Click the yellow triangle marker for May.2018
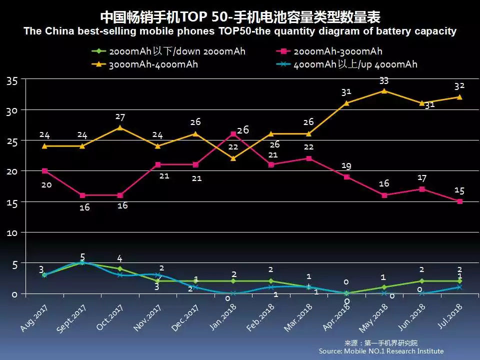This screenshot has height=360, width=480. click(x=384, y=91)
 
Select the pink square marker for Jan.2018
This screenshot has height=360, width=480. click(x=233, y=134)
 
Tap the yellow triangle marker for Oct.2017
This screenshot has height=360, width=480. click(x=120, y=127)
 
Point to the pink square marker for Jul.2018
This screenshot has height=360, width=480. click(x=459, y=201)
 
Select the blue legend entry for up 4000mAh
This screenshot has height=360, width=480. click(x=355, y=64)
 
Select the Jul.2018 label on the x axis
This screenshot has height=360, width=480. click(x=449, y=318)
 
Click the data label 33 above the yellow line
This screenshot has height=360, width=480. click(x=384, y=80)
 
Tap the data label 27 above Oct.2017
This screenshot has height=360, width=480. click(x=120, y=117)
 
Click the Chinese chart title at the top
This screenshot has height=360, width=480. click(x=240, y=17)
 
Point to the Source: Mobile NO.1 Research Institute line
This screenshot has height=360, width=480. click(x=381, y=351)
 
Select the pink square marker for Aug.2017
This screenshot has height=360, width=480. click(x=44, y=171)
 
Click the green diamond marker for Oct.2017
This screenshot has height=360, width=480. click(x=120, y=269)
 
